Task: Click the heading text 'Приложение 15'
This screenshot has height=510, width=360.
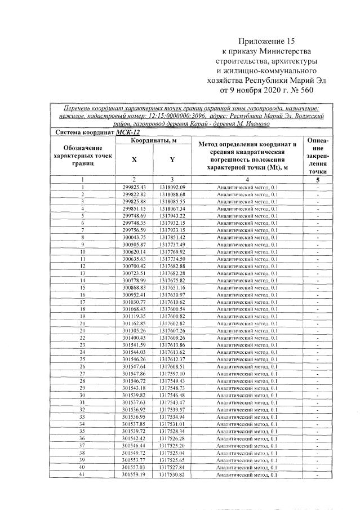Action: pyautogui.click(x=266, y=41)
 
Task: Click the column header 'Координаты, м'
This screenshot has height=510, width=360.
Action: pyautogui.click(x=153, y=140)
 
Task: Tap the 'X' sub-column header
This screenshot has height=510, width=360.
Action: pyautogui.click(x=134, y=159)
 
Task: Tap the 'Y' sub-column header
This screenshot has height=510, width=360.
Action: pyautogui.click(x=172, y=159)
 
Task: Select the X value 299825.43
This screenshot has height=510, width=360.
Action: pyautogui.click(x=134, y=187)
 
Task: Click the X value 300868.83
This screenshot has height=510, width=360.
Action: pyautogui.click(x=134, y=287)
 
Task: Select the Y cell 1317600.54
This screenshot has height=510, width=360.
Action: pyautogui.click(x=172, y=308)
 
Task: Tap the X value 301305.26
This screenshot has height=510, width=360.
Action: pyautogui.click(x=134, y=330)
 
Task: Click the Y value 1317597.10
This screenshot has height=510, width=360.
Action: pyautogui.click(x=172, y=374)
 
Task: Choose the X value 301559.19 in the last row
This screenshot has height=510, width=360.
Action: pyautogui.click(x=134, y=474)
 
